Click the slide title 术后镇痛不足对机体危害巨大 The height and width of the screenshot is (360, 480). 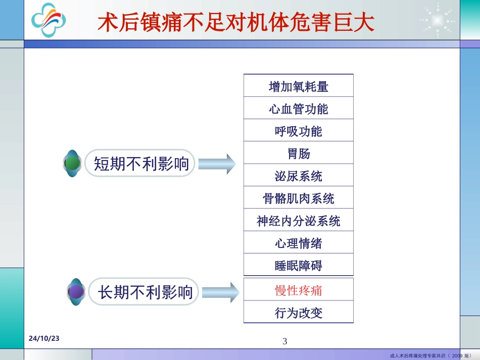[235, 22]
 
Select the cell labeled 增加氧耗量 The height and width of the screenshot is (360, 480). [299, 86]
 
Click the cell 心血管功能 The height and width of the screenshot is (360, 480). [299, 109]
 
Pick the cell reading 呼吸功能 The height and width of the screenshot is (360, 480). [299, 131]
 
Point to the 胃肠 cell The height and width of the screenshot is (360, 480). [299, 153]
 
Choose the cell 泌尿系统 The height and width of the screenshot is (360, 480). [299, 176]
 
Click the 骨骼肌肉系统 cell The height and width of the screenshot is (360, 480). [299, 198]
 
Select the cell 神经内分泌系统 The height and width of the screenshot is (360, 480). [299, 221]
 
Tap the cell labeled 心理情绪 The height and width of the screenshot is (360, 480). [299, 243]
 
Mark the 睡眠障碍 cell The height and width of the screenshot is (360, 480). [299, 266]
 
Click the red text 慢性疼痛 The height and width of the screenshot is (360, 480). [299, 290]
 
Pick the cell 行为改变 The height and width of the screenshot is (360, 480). [299, 313]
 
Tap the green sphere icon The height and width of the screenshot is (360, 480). [73, 164]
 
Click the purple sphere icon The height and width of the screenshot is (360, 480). [76, 292]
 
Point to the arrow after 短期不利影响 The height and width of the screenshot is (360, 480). [217, 164]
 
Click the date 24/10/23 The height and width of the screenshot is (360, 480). [43, 338]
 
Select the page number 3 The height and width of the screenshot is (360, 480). [284, 341]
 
